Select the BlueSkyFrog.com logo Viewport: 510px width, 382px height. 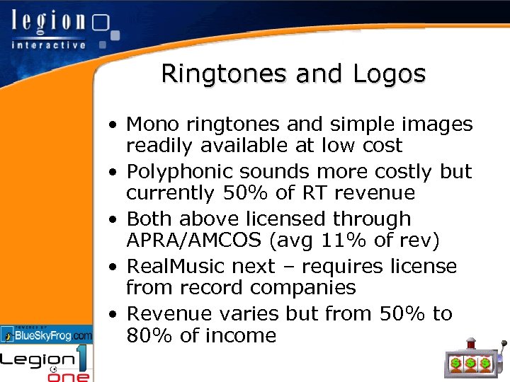(47, 335)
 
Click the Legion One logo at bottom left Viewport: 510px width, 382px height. (47, 364)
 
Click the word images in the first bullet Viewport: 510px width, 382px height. (437, 125)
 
